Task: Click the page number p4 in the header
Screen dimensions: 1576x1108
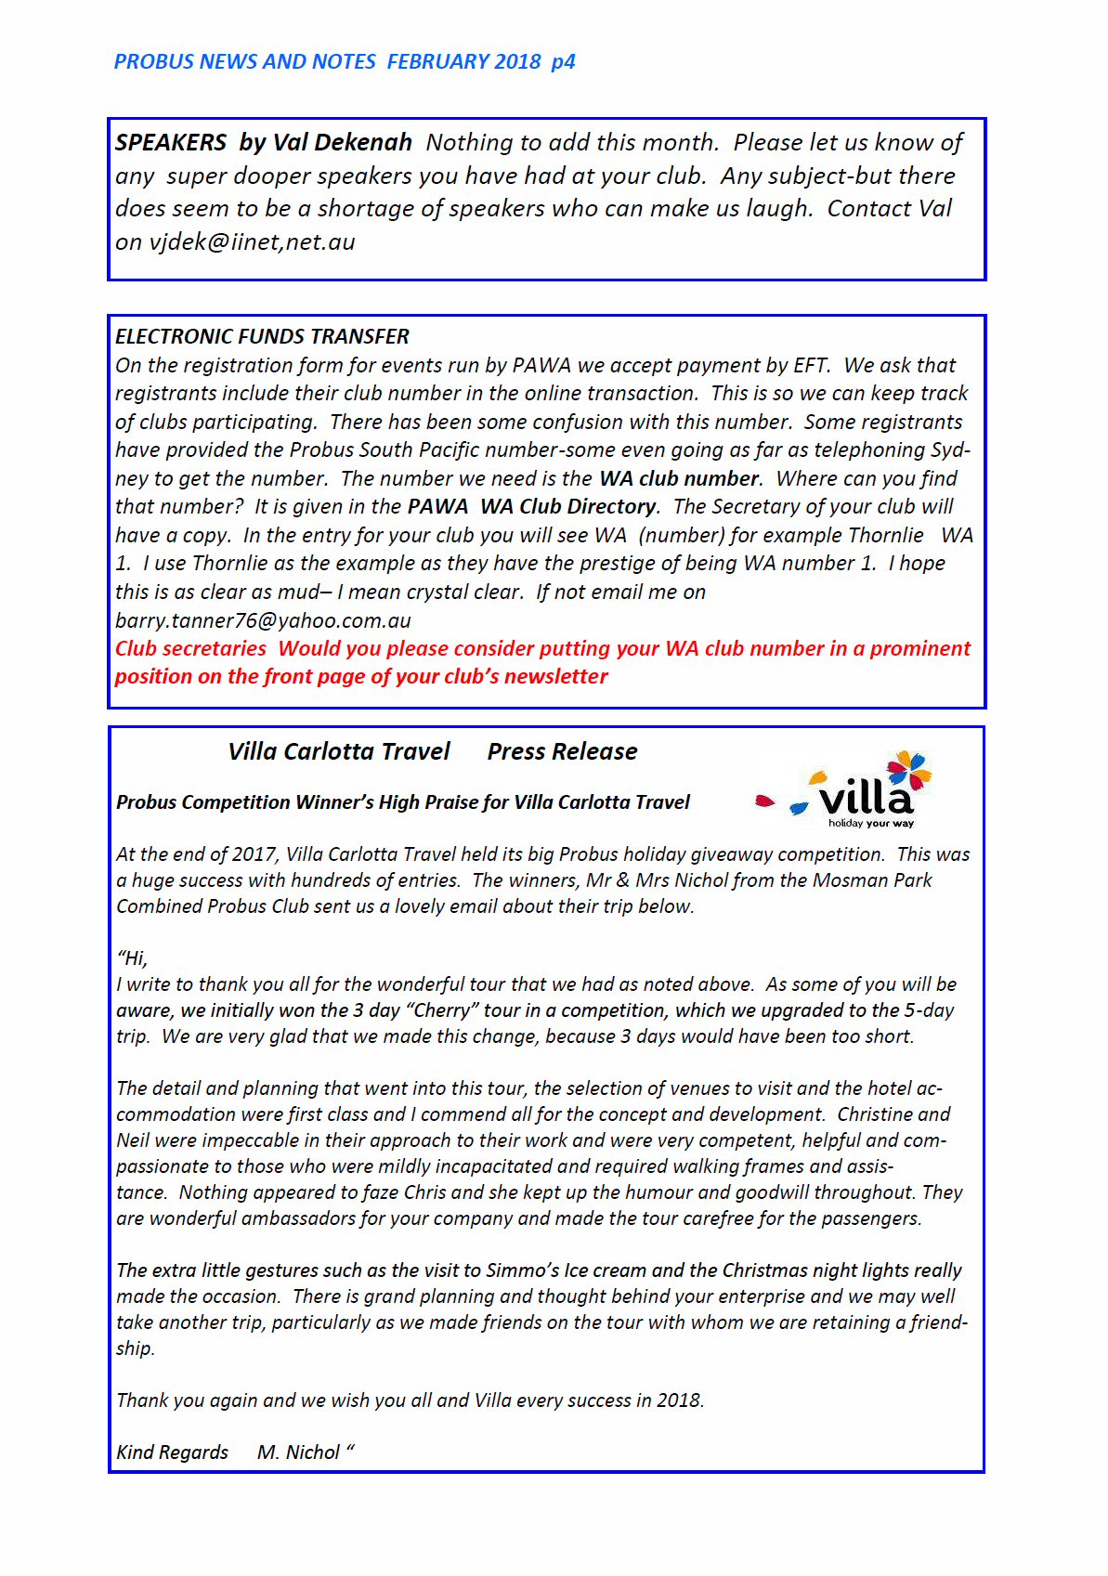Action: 563,62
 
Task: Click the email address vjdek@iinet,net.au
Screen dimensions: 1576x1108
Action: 252,242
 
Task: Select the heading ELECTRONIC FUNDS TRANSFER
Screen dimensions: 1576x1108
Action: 262,336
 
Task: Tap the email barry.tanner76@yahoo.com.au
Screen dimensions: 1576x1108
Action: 263,620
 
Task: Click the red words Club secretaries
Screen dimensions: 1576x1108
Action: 190,648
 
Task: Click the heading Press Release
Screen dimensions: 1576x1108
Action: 562,751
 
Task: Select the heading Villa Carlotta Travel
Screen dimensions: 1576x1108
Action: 338,751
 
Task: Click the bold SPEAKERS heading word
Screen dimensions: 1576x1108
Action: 171,143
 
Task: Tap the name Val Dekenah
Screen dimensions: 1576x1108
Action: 342,143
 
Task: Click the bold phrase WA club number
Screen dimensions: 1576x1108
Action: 679,478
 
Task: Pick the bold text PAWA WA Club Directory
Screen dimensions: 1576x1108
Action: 531,507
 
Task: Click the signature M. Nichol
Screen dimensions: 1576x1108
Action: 298,1452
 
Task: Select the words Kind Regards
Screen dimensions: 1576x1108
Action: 172,1452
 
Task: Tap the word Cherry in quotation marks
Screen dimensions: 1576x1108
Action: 442,1010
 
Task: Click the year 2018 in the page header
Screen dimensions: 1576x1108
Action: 517,62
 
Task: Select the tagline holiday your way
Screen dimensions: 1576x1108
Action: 870,824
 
